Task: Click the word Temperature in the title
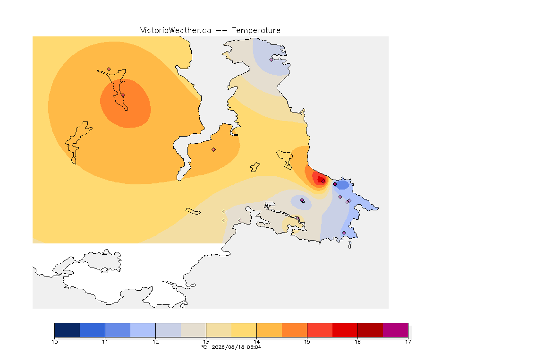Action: (x=256, y=31)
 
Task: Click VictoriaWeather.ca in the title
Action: (x=176, y=31)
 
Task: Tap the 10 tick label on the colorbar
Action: (x=54, y=342)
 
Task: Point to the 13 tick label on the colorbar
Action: (x=206, y=342)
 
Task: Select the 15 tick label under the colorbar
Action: (x=307, y=342)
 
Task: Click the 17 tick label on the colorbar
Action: (x=408, y=342)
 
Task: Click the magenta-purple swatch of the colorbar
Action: (x=396, y=330)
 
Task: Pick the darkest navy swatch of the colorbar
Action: (x=68, y=330)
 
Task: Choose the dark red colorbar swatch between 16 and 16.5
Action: (x=370, y=330)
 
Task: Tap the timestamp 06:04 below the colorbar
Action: (x=255, y=347)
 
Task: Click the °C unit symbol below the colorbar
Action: (x=204, y=347)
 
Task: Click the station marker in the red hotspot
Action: (x=323, y=181)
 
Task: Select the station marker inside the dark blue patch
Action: (x=335, y=184)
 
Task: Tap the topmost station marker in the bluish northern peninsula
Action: (x=272, y=60)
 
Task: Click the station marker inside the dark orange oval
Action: (x=123, y=95)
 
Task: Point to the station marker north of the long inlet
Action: (x=109, y=69)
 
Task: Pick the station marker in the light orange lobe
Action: (x=214, y=150)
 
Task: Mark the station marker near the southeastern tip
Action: (x=344, y=233)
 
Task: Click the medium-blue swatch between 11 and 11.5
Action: (x=118, y=330)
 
